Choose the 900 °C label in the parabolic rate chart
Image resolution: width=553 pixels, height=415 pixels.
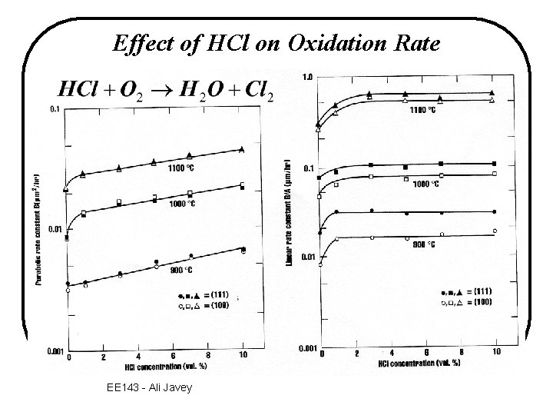click(180, 271)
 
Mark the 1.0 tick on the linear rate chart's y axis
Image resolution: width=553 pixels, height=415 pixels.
click(307, 77)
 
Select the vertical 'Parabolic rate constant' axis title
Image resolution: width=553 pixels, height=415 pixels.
click(36, 231)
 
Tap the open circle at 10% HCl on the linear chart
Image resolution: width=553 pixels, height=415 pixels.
click(495, 231)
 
